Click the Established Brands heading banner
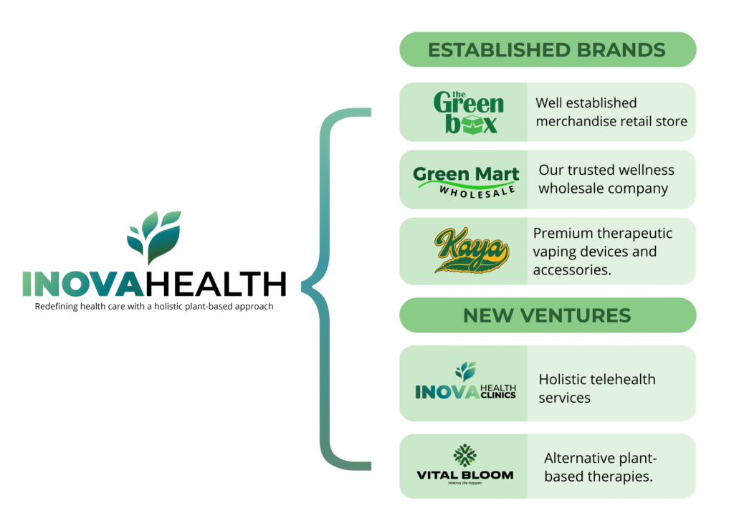547,49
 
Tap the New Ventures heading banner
547,315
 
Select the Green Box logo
469,113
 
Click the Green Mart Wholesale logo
466,181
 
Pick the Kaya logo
471,250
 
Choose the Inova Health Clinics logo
466,381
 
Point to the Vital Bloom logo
464,464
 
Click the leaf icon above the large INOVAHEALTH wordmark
154,236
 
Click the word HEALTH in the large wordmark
216,284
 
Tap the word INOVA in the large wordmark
84,284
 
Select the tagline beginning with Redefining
154,307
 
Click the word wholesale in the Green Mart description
571,188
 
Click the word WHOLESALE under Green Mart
477,191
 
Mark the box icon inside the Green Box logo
471,125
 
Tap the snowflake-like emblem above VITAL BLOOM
464,455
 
